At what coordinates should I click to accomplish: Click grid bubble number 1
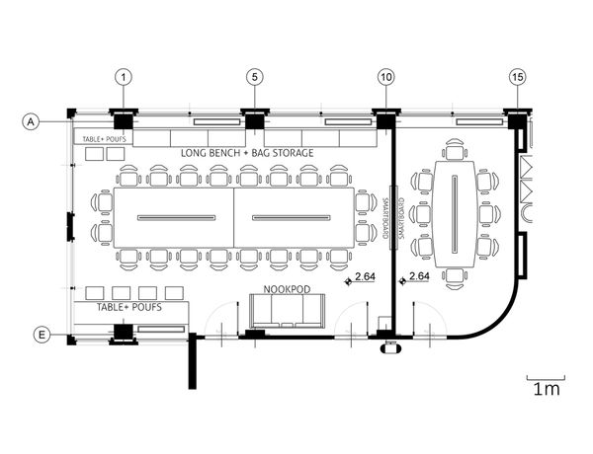coord(123,76)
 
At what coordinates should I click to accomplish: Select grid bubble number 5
coord(253,76)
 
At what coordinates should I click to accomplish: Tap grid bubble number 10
coord(384,76)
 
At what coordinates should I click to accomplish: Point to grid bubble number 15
coord(517,76)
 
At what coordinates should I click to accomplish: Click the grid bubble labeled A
coord(31,121)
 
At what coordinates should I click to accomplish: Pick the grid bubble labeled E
coord(42,337)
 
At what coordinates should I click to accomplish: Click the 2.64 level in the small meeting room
coord(417,277)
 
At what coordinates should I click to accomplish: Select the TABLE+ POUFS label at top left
coord(103,139)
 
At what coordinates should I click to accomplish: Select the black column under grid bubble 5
coord(253,121)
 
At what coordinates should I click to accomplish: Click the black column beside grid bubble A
coord(123,121)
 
